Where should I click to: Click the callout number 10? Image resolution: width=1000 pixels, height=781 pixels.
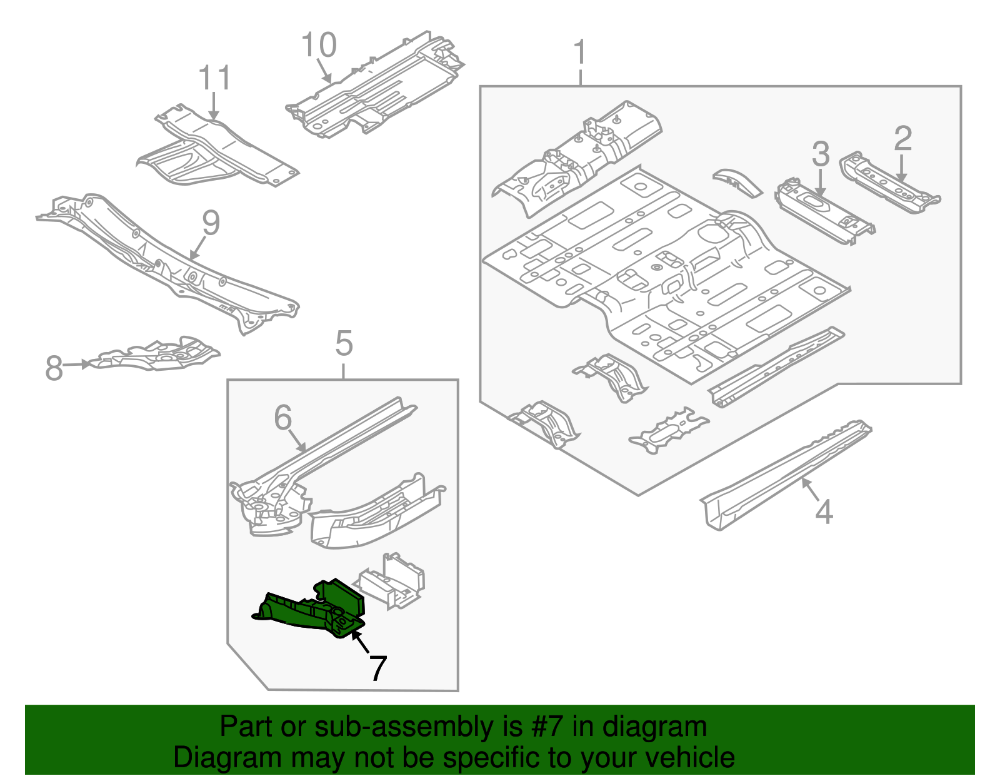point(319,45)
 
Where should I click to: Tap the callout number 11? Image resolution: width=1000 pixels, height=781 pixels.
point(214,78)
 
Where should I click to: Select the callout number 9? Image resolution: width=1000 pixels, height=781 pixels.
point(211,223)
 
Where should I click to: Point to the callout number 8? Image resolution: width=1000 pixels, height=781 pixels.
point(54,368)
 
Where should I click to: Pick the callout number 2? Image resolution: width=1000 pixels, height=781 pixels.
point(902,138)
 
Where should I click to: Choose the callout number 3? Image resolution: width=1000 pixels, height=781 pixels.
point(821,154)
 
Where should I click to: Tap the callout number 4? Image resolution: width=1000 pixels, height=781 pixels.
point(824,511)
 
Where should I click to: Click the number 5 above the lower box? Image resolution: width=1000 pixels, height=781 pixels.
point(344,344)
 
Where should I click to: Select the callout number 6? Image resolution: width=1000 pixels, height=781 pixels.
point(283,417)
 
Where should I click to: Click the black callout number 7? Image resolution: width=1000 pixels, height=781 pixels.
point(377,668)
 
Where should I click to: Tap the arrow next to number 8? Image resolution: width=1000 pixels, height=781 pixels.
point(77,364)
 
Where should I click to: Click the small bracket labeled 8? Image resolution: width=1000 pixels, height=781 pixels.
point(156,355)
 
